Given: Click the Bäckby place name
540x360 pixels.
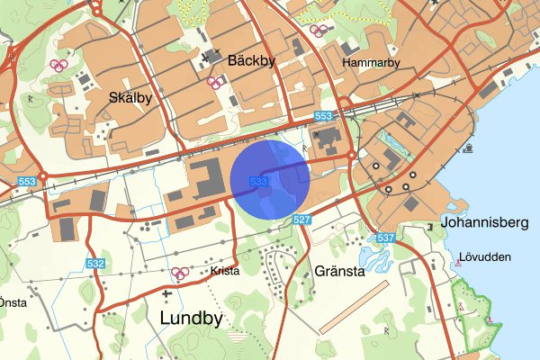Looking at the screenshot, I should (x=251, y=60).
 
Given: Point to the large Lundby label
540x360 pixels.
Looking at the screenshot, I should (x=193, y=318).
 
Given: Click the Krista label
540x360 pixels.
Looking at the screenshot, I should (x=225, y=270).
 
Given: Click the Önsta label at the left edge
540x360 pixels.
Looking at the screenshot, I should (x=13, y=302).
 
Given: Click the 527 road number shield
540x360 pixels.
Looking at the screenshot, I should (x=302, y=220).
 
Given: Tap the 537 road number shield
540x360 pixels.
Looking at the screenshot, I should (x=386, y=238).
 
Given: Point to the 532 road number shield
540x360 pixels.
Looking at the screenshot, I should (x=96, y=264).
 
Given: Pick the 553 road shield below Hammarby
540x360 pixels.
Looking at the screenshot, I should (x=324, y=117).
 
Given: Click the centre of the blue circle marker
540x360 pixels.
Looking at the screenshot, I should (x=271, y=179).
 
